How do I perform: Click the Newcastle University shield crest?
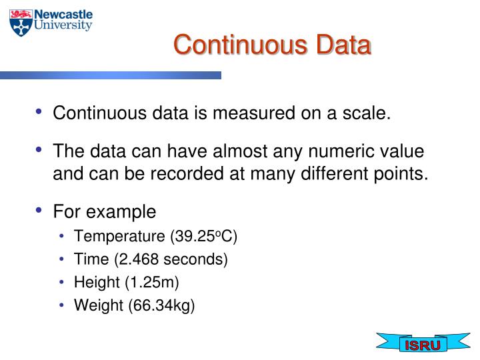pos(21,22)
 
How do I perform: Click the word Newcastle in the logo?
pos(63,14)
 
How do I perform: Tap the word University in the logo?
pos(63,26)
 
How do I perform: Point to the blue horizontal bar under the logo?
pos(110,75)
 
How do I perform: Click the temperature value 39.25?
pos(197,236)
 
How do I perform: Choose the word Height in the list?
pos(96,283)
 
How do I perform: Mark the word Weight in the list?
pos(97,305)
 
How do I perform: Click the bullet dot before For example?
pos(39,210)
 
